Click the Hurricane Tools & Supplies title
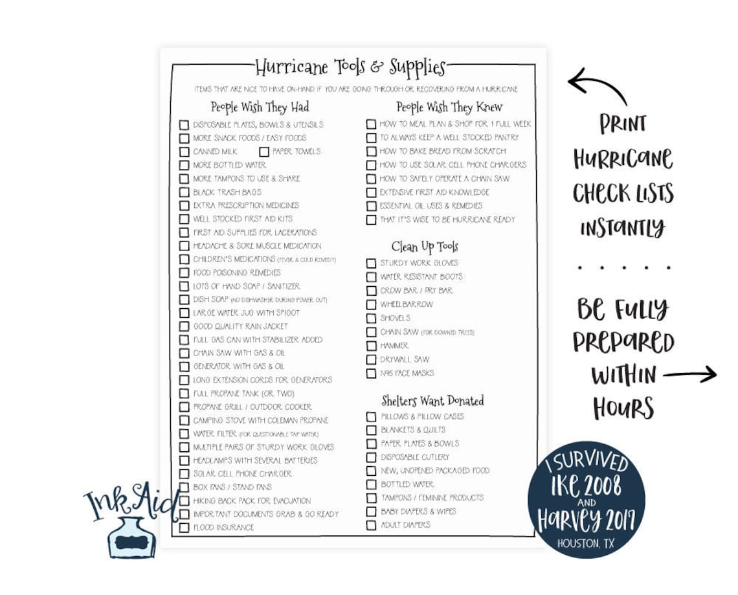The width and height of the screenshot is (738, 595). click(350, 67)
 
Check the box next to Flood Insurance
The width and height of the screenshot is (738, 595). click(184, 528)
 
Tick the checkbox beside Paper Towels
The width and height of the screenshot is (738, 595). click(264, 152)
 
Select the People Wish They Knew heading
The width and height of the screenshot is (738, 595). click(449, 107)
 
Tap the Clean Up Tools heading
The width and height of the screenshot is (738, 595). click(425, 247)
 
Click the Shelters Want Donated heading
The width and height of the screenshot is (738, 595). click(432, 401)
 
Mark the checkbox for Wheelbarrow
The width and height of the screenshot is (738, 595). click(371, 304)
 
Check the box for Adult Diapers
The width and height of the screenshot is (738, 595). click(371, 525)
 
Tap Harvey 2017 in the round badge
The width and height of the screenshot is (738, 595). click(586, 519)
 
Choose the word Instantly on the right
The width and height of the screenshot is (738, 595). click(622, 227)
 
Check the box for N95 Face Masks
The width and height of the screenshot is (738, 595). click(371, 374)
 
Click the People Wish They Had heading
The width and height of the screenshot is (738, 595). click(260, 107)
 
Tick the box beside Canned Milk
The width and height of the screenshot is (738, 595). click(184, 152)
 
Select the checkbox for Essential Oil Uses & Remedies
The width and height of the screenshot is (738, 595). click(371, 206)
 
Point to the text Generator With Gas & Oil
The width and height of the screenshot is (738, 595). click(238, 366)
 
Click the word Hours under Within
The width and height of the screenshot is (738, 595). click(623, 409)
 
